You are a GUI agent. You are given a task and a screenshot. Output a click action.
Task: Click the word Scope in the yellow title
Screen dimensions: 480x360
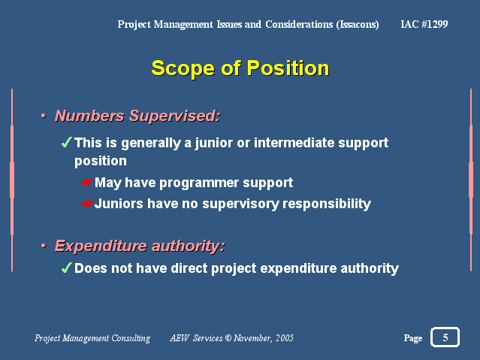pyautogui.click(x=183, y=68)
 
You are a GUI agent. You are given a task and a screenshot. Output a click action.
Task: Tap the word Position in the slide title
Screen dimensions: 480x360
pyautogui.click(x=288, y=68)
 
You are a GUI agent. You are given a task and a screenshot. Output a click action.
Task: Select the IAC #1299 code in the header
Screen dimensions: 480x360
pyautogui.click(x=424, y=24)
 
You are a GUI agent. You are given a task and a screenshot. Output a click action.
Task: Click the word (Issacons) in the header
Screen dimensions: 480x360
pyautogui.click(x=358, y=24)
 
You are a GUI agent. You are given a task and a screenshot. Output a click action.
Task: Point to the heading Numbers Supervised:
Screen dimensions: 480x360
pyautogui.click(x=137, y=116)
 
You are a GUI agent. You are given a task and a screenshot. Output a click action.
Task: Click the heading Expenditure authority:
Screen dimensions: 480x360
pyautogui.click(x=140, y=246)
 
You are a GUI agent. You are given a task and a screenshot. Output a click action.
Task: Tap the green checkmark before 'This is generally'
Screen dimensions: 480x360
pyautogui.click(x=66, y=142)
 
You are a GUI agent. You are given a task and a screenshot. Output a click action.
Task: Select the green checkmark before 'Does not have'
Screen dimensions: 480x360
pyautogui.click(x=66, y=268)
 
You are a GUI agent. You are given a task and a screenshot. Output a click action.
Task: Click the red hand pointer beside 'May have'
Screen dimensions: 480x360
pyautogui.click(x=87, y=183)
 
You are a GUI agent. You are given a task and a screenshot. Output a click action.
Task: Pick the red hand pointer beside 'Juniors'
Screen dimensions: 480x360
pyautogui.click(x=87, y=204)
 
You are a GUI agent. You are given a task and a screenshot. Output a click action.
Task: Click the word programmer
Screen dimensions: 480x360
pyautogui.click(x=199, y=183)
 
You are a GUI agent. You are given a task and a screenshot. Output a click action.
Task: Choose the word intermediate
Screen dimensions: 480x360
pyautogui.click(x=294, y=143)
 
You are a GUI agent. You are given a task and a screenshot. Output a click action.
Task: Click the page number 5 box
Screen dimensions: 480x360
pyautogui.click(x=445, y=337)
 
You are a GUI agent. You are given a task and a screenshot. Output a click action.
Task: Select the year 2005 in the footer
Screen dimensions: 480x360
pyautogui.click(x=285, y=338)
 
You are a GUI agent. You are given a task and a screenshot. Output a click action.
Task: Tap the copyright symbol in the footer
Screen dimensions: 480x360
pyautogui.click(x=228, y=338)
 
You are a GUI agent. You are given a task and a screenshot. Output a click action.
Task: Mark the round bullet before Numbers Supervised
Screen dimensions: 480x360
pyautogui.click(x=44, y=116)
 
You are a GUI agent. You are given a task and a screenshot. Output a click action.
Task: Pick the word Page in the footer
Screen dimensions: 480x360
pyautogui.click(x=413, y=338)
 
